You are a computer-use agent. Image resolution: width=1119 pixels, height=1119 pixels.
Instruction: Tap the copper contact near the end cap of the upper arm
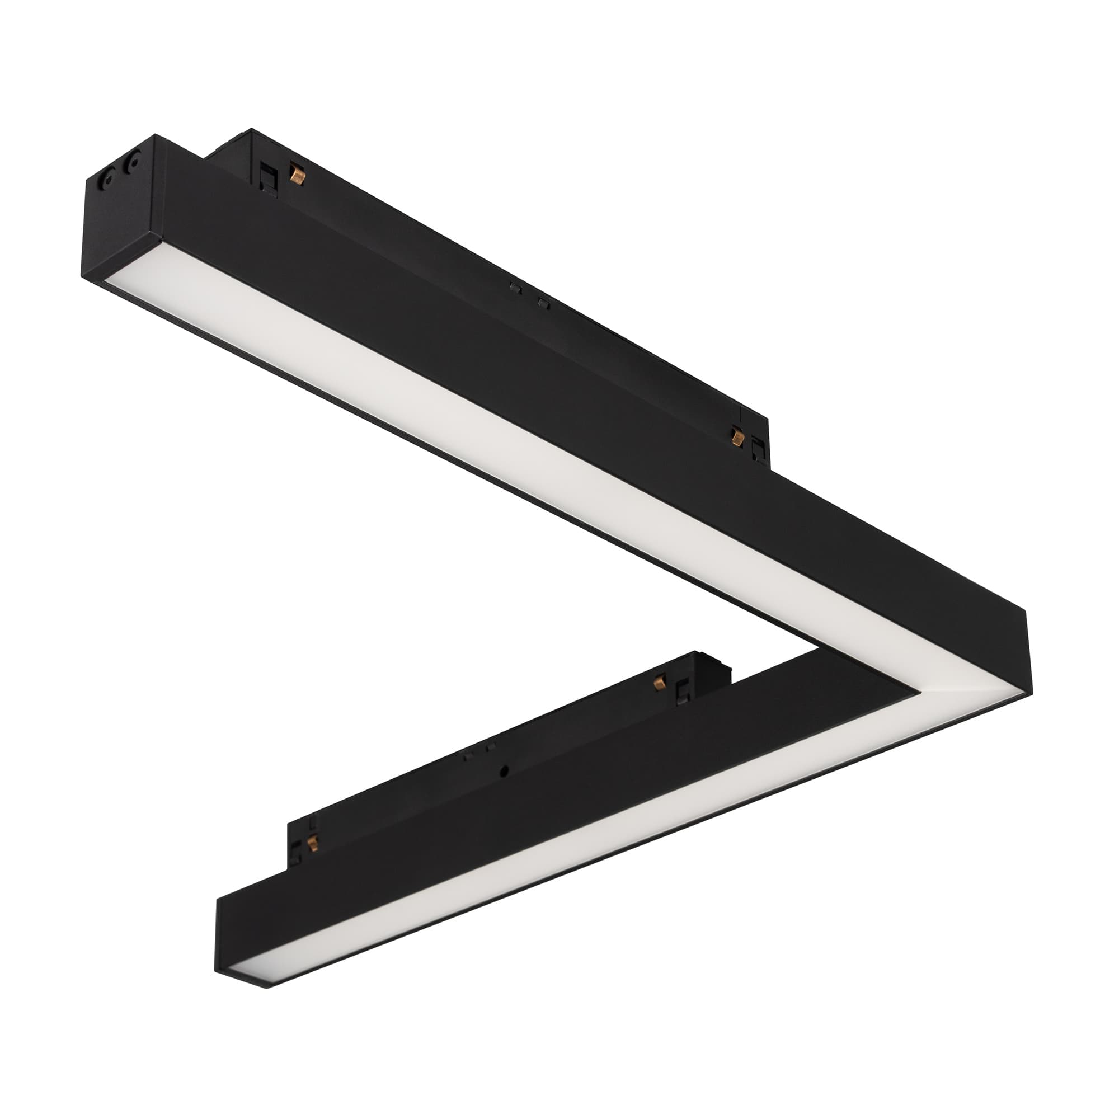pyautogui.click(x=297, y=174)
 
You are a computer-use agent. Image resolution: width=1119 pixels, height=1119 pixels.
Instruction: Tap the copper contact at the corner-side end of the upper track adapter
pyautogui.click(x=737, y=436)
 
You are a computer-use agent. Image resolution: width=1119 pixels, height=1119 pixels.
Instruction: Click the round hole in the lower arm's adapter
pyautogui.click(x=506, y=771)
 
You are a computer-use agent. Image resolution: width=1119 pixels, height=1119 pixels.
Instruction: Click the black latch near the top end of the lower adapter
pyautogui.click(x=683, y=690)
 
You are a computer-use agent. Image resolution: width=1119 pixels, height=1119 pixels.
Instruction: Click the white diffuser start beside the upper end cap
pyautogui.click(x=133, y=278)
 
